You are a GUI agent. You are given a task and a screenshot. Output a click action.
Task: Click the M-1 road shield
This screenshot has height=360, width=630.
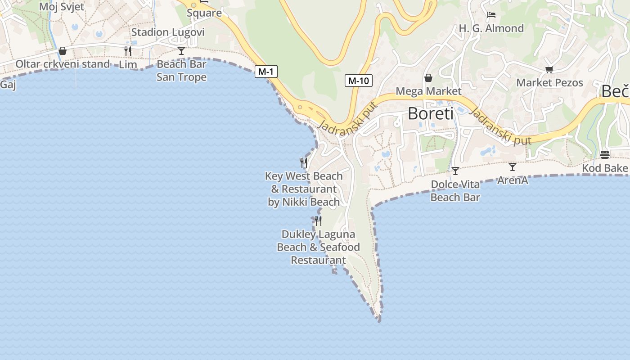pyautogui.click(x=266, y=71)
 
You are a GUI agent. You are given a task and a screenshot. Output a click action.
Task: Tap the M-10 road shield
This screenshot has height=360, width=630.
pyautogui.click(x=359, y=81)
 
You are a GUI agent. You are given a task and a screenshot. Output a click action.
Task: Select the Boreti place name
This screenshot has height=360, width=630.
pyautogui.click(x=431, y=113)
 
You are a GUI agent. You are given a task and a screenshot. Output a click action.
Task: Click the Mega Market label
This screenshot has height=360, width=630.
pyautogui.click(x=428, y=91)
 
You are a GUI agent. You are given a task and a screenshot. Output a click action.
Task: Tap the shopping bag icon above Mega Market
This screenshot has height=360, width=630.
pyautogui.click(x=428, y=78)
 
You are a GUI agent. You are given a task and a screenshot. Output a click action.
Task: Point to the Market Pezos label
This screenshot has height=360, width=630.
pyautogui.click(x=549, y=83)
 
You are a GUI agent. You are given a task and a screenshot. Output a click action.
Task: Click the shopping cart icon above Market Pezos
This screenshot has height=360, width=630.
pyautogui.click(x=549, y=69)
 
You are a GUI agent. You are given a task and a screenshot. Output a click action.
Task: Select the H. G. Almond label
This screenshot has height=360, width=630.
pyautogui.click(x=491, y=28)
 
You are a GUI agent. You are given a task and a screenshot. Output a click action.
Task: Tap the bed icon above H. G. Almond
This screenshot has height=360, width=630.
pyautogui.click(x=491, y=15)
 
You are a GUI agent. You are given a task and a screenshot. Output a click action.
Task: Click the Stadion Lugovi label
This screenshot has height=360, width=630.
pyautogui.click(x=168, y=32)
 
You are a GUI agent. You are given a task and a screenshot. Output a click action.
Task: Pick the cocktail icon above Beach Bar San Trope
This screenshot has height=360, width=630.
pyautogui.click(x=181, y=50)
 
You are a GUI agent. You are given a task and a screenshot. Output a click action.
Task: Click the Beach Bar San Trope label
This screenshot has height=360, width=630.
pyautogui.click(x=181, y=71)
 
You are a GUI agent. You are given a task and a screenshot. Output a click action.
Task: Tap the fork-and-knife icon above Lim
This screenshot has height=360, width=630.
pyautogui.click(x=128, y=51)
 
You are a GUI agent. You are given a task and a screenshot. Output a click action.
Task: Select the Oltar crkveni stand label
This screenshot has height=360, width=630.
pyautogui.click(x=63, y=64)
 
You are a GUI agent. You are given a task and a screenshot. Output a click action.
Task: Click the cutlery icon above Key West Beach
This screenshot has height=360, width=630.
pyautogui.click(x=304, y=162)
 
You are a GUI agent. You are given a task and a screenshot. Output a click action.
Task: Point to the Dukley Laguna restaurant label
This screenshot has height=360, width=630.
pyautogui.click(x=318, y=247)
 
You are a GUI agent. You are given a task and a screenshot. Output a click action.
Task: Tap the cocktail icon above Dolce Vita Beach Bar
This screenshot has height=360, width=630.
pyautogui.click(x=455, y=171)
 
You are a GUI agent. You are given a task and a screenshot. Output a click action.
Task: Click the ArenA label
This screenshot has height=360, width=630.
pyautogui.click(x=512, y=180)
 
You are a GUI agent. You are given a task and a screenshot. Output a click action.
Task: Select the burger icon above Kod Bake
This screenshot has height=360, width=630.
pyautogui.click(x=605, y=155)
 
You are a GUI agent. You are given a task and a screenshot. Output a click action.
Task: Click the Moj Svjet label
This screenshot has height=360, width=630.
pyautogui.click(x=62, y=7)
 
